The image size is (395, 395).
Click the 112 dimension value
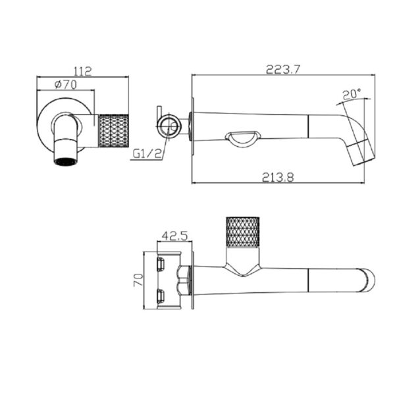(82, 71)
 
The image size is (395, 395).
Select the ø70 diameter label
(65, 85)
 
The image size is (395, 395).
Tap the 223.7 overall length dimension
(283, 69)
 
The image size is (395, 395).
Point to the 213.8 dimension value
(278, 177)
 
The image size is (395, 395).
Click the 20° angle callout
(352, 94)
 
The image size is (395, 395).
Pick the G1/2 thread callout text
(147, 153)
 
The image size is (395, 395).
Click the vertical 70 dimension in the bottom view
(138, 280)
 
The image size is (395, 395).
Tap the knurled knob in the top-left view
(114, 130)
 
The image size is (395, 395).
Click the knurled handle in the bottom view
(242, 232)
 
